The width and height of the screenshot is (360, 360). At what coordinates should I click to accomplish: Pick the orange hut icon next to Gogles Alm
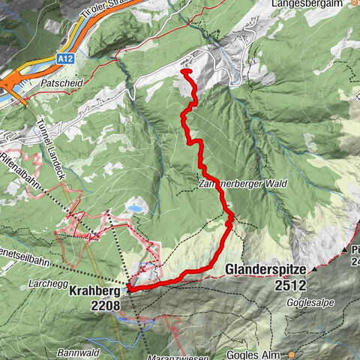(290, 354)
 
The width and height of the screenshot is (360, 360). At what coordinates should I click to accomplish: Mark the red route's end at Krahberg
(130, 286)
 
